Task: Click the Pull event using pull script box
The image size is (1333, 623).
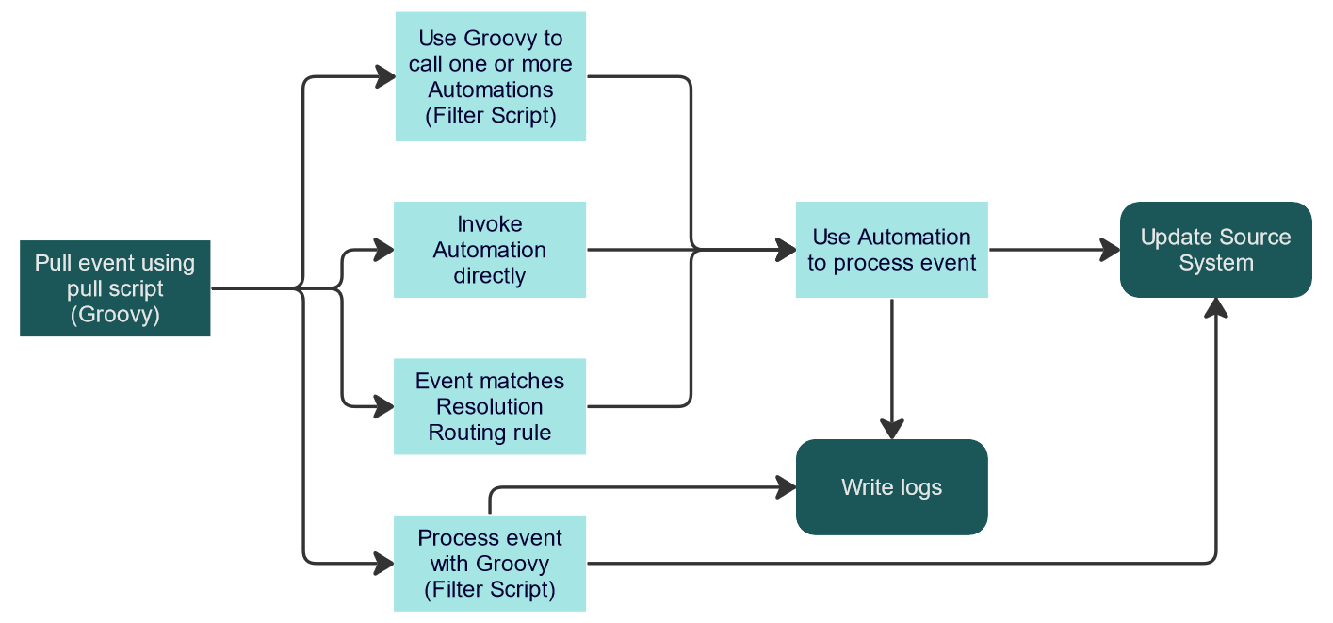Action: [x=115, y=288]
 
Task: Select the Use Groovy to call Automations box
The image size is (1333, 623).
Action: [x=491, y=76]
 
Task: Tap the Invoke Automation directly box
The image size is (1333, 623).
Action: [x=490, y=250]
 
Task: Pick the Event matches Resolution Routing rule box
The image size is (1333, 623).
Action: [x=490, y=406]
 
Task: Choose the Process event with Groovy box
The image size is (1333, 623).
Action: [x=490, y=564]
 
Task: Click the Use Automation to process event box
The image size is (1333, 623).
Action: [x=891, y=250]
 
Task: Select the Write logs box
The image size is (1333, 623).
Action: [x=891, y=487]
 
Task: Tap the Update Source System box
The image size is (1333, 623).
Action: [x=1215, y=250]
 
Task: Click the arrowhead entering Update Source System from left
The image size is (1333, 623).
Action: [x=1110, y=250]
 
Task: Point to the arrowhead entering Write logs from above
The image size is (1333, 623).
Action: [x=891, y=429]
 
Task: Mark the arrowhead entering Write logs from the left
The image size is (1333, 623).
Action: [x=786, y=487]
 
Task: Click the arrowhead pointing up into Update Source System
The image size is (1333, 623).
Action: [x=1216, y=309]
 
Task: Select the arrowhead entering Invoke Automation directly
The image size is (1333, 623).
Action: [x=383, y=250]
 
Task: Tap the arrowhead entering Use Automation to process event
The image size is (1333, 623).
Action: [x=786, y=250]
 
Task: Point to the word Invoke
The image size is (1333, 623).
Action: [x=490, y=224]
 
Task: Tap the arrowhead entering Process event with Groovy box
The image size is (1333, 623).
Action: [x=383, y=564]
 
